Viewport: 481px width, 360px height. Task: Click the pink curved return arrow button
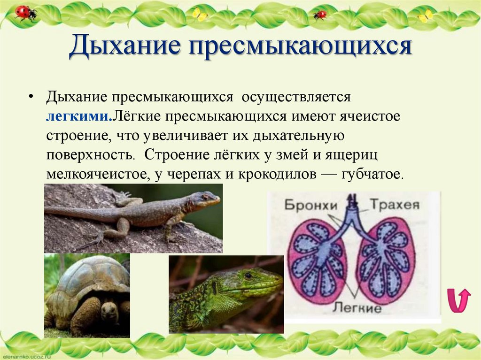[458, 300]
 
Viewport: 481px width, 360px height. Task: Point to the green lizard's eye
[248, 276]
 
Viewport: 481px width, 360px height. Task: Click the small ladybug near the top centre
[320, 15]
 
